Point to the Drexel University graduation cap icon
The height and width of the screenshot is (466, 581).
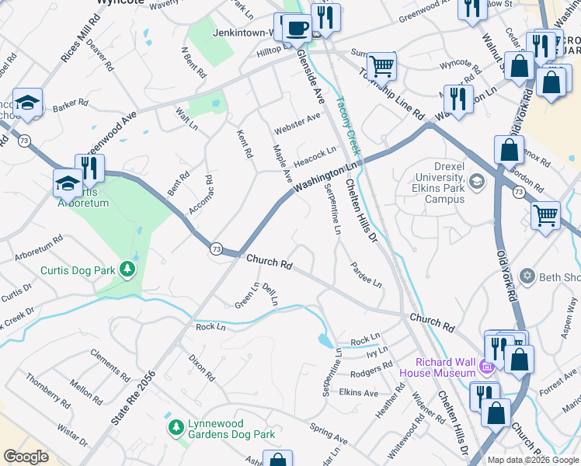pyautogui.click(x=476, y=181)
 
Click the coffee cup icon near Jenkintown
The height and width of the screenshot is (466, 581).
pyautogui.click(x=296, y=29)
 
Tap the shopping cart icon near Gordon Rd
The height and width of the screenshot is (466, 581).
pyautogui.click(x=545, y=214)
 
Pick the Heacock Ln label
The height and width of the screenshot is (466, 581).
pyautogui.click(x=315, y=156)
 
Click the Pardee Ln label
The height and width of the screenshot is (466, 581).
pyautogui.click(x=366, y=275)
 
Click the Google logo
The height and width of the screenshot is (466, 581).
pyautogui.click(x=26, y=457)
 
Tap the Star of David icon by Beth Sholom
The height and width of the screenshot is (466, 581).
pyautogui.click(x=527, y=276)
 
